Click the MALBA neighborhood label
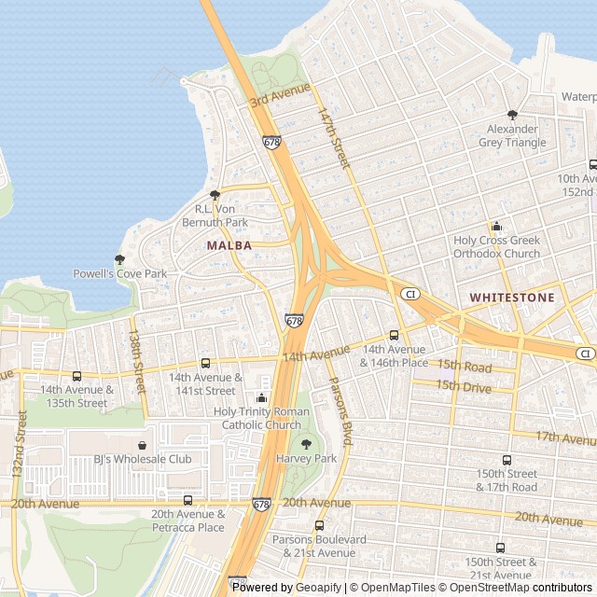pyautogui.click(x=229, y=245)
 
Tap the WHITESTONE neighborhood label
pyautogui.click(x=511, y=298)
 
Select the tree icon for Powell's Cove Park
pyautogui.click(x=119, y=259)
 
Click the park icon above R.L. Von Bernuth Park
pyautogui.click(x=215, y=195)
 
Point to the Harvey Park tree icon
pyautogui.click(x=306, y=444)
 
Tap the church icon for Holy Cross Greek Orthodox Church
pyautogui.click(x=496, y=226)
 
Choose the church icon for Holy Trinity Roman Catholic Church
pyautogui.click(x=262, y=397)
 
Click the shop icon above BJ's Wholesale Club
pyautogui.click(x=142, y=445)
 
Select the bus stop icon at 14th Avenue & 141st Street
pyautogui.click(x=205, y=363)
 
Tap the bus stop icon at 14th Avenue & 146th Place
pyautogui.click(x=394, y=335)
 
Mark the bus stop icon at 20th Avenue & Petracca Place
pyautogui.click(x=188, y=500)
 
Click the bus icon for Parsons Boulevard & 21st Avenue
pyautogui.click(x=320, y=525)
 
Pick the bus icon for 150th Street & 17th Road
pyautogui.click(x=507, y=460)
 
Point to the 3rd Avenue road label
pyautogui.click(x=279, y=94)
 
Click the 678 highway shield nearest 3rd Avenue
pyautogui.click(x=271, y=143)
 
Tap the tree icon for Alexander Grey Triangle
pyautogui.click(x=512, y=115)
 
